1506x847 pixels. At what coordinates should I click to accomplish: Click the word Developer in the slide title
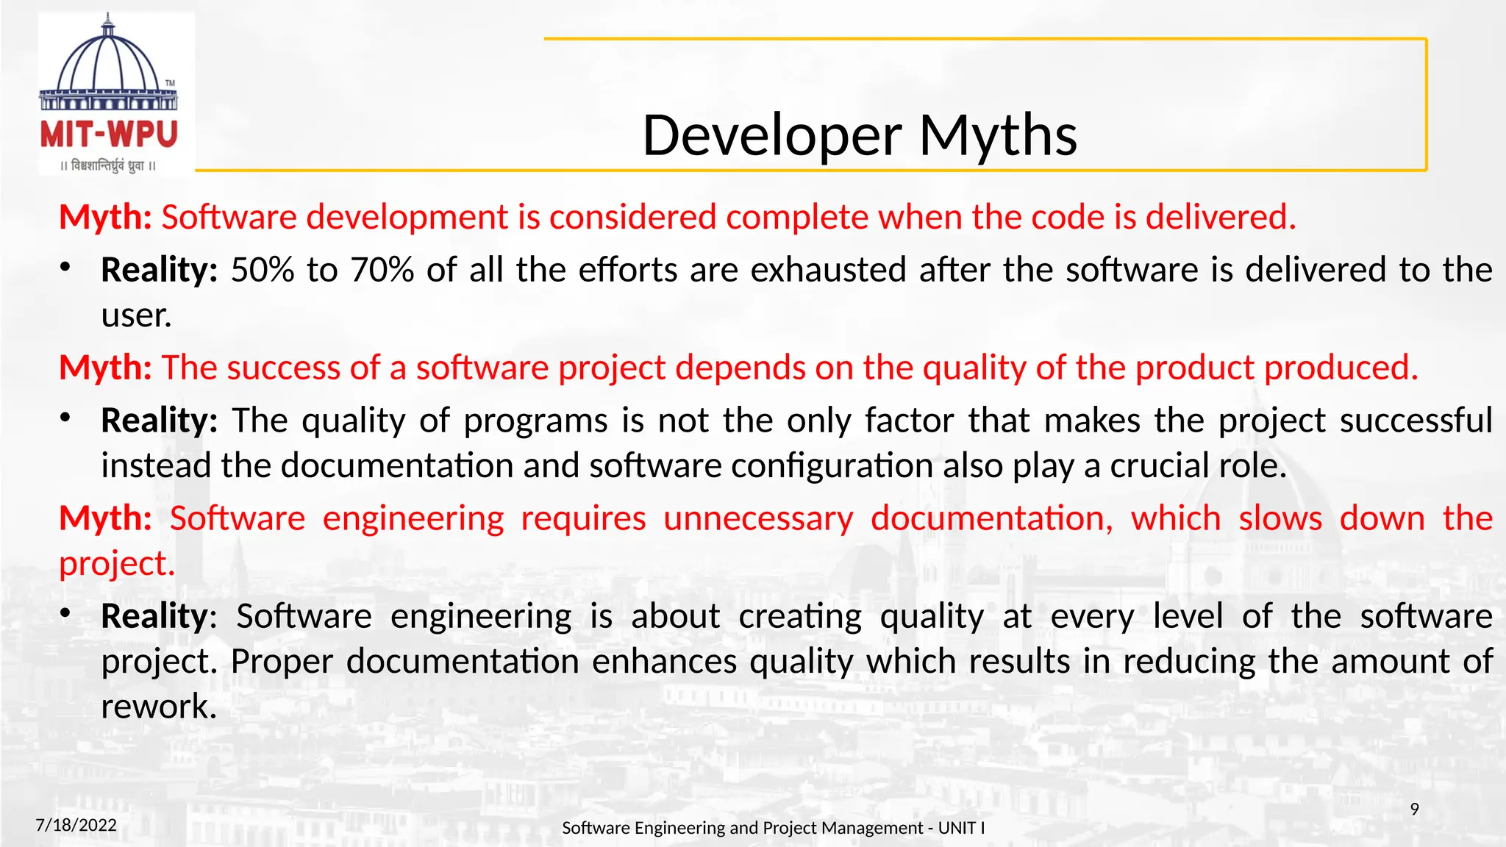771,137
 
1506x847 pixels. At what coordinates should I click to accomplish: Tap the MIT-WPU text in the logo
109,135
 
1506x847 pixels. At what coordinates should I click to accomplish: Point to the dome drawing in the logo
108,62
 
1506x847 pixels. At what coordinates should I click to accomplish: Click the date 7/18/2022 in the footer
76,825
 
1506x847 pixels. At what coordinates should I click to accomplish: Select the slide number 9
1414,810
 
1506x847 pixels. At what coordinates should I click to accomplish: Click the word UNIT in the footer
957,828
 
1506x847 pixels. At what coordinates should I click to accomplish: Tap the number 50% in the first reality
263,270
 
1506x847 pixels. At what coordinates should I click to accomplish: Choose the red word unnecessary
758,518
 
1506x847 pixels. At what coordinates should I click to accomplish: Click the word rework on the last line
158,707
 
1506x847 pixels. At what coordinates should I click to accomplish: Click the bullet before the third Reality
65,613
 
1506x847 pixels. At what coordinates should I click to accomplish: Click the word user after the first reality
135,316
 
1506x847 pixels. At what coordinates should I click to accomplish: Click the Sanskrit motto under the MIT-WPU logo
108,166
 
